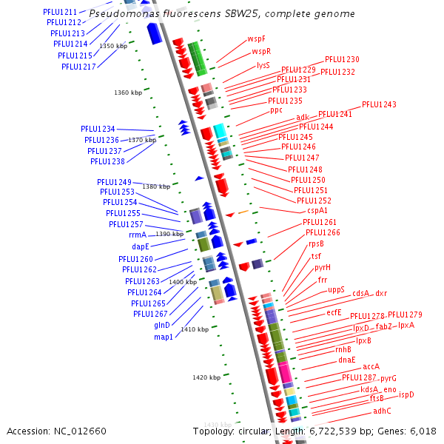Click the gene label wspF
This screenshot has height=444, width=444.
tap(257, 38)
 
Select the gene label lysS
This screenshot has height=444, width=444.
tap(263, 65)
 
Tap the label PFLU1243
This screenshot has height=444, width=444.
tap(379, 105)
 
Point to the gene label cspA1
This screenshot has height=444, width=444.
tap(317, 211)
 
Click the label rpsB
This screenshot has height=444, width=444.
tap(316, 243)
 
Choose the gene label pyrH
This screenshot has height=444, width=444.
tap(323, 267)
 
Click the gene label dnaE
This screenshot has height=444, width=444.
tap(347, 360)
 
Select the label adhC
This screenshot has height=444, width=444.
tap(382, 411)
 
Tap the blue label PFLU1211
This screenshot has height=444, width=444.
tap(59, 13)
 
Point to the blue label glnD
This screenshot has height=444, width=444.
tap(162, 325)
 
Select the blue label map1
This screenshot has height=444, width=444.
tap(163, 337)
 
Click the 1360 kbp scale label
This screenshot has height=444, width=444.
tap(128, 93)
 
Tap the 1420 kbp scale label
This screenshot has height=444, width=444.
tap(206, 377)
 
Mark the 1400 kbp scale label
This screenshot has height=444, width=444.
tap(183, 282)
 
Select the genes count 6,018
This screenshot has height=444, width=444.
tap(423, 431)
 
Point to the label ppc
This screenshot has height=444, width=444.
tap(276, 110)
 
